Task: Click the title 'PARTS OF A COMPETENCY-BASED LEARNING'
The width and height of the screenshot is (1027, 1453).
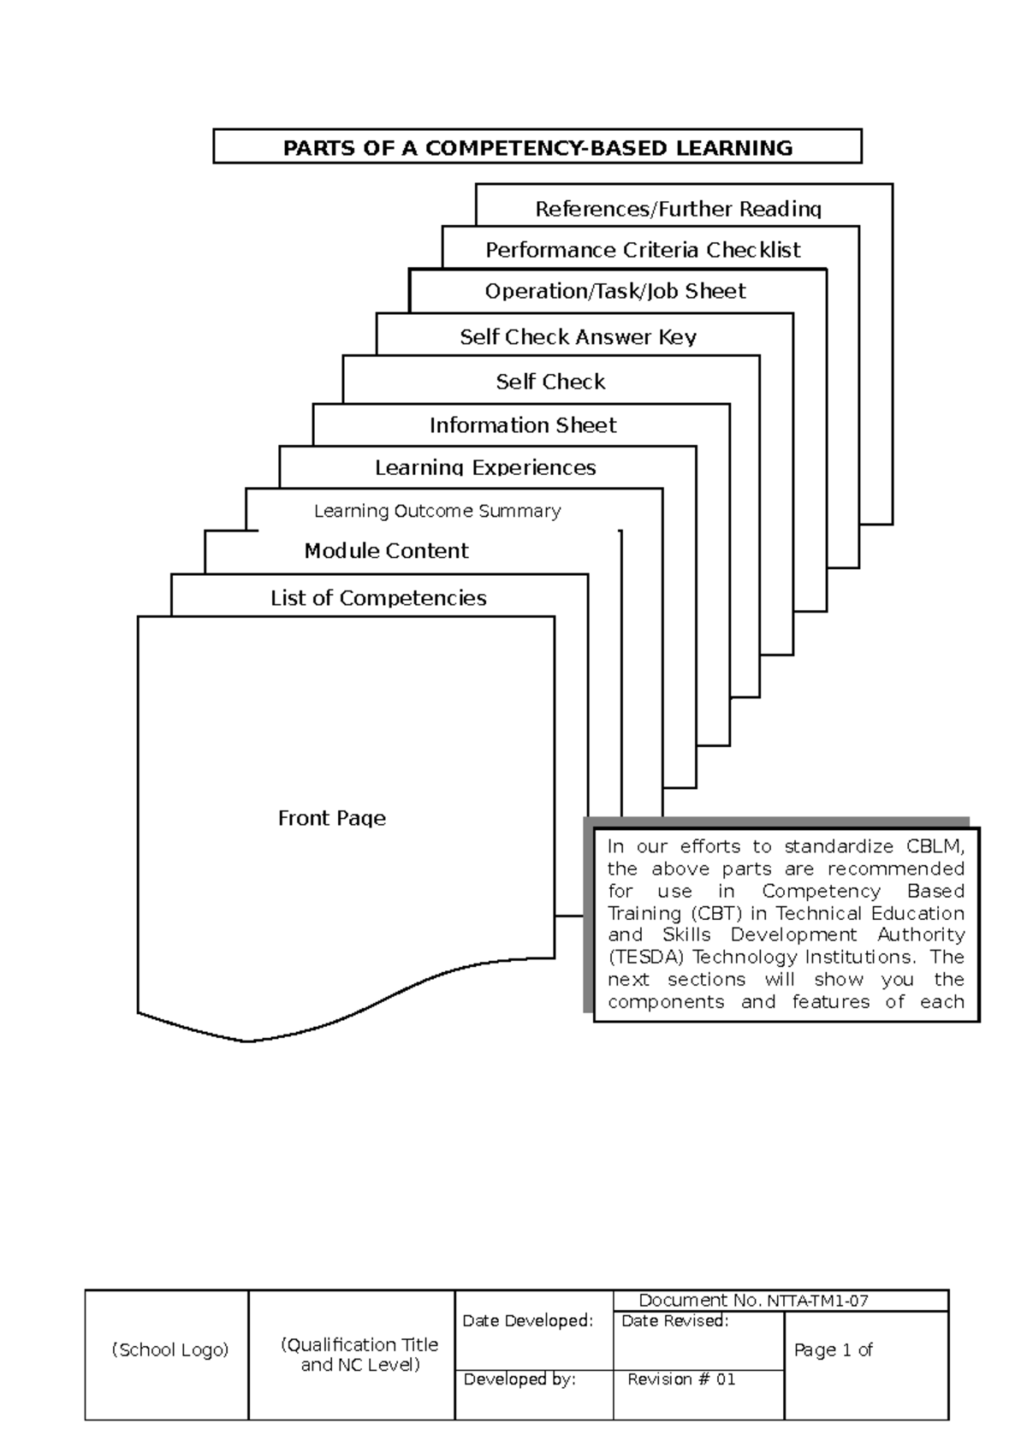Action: coord(537,148)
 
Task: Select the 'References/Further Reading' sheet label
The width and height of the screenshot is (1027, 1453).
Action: coord(678,209)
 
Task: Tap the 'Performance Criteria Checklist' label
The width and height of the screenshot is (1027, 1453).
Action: coord(643,250)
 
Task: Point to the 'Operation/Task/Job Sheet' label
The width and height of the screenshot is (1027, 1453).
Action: coord(615,291)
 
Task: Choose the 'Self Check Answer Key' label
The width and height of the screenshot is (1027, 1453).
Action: coord(578,337)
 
